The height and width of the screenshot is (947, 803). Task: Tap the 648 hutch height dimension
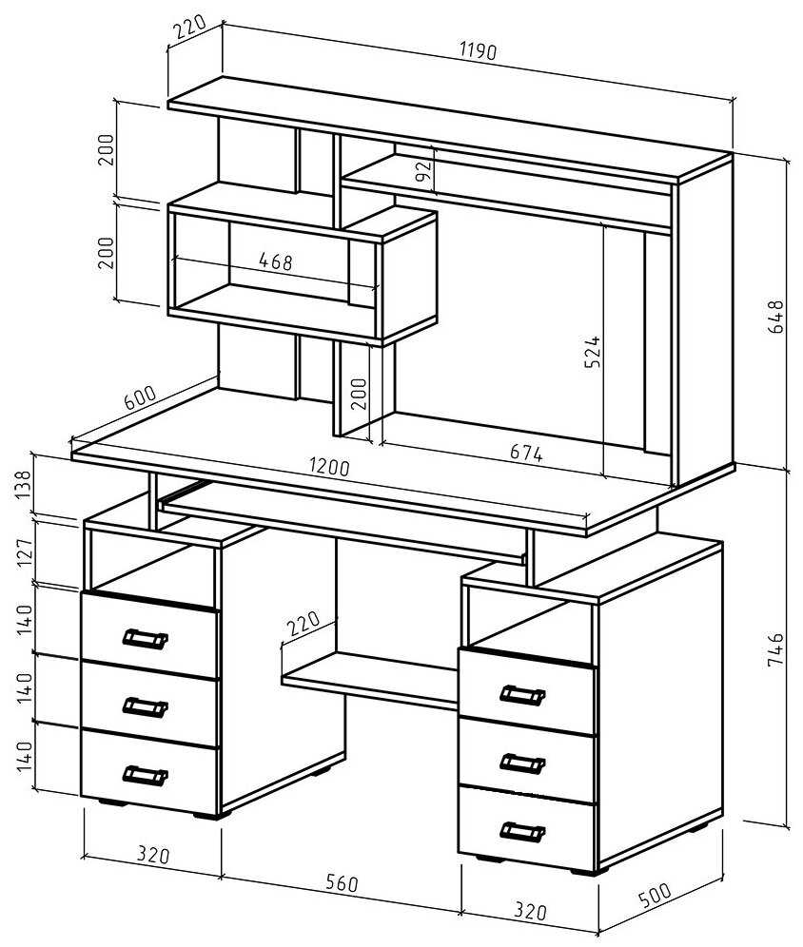(x=777, y=317)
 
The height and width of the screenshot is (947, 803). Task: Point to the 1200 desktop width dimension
(x=329, y=469)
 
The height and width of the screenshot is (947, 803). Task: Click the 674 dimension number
(x=524, y=454)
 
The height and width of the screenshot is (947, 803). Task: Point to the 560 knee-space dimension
(x=340, y=883)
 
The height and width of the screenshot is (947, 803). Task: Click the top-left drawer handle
(x=145, y=638)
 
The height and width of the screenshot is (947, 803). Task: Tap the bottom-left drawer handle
(x=145, y=775)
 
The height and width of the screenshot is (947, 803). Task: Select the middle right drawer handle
(x=521, y=763)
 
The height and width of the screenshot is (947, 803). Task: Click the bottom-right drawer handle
(x=521, y=832)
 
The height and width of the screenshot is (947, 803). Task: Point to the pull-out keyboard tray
(x=343, y=523)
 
